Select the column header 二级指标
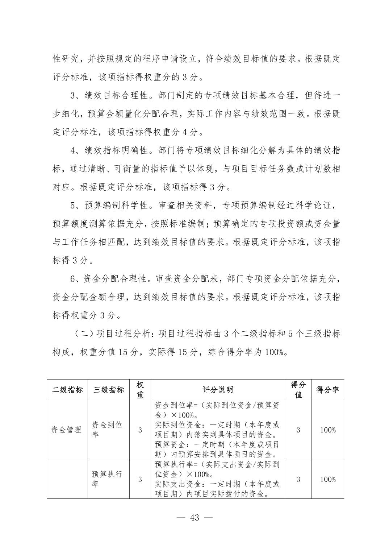tap(67, 390)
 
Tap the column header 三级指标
tap(109, 390)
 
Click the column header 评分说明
tap(218, 390)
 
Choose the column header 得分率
tap(328, 390)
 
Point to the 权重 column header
tap(140, 390)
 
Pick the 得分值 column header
tap(298, 390)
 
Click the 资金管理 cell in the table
tap(67, 430)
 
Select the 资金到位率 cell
tap(108, 430)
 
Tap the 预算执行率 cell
tap(108, 479)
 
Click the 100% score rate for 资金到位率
tap(328, 430)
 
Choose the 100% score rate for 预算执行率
tap(328, 479)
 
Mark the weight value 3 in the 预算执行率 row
tap(140, 479)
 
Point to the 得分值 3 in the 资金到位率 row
tap(298, 430)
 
